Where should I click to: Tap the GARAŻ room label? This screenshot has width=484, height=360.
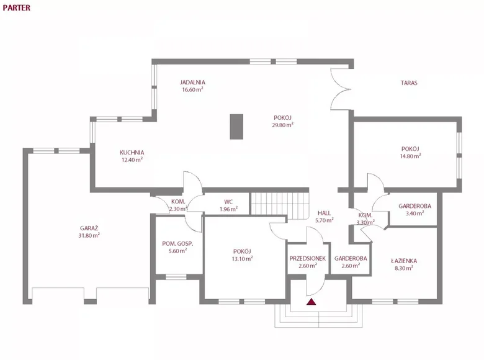pyautogui.click(x=89, y=228)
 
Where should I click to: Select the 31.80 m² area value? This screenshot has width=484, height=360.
pyautogui.click(x=89, y=235)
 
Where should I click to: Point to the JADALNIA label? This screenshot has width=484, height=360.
pyautogui.click(x=193, y=82)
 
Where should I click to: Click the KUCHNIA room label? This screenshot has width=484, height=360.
pyautogui.click(x=132, y=152)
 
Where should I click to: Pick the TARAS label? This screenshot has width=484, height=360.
pyautogui.click(x=408, y=82)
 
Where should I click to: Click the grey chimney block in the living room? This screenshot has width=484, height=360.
pyautogui.click(x=236, y=127)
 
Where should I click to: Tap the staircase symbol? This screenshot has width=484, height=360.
pyautogui.click(x=279, y=204)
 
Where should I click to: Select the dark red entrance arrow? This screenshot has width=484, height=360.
pyautogui.click(x=311, y=302)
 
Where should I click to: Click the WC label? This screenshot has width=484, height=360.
pyautogui.click(x=228, y=202)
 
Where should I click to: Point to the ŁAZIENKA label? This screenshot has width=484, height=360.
pyautogui.click(x=404, y=261)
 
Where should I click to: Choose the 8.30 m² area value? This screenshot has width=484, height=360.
pyautogui.click(x=404, y=269)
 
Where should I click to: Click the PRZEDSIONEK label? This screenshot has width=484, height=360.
pyautogui.click(x=308, y=258)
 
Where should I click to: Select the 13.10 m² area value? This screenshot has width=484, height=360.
pyautogui.click(x=242, y=259)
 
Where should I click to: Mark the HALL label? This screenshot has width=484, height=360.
pyautogui.click(x=324, y=212)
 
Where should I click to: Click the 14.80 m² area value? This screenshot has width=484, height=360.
pyautogui.click(x=411, y=156)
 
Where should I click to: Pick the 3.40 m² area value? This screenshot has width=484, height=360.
pyautogui.click(x=415, y=214)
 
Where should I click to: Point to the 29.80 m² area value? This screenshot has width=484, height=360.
pyautogui.click(x=282, y=125)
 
